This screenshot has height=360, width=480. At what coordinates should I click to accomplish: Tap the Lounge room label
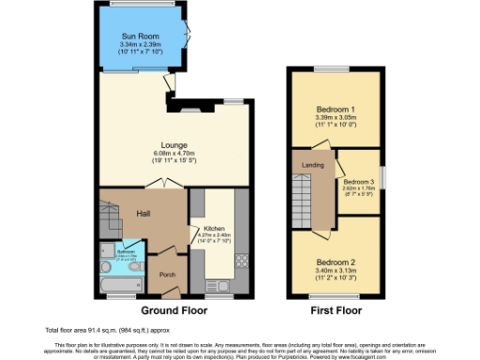(173, 145)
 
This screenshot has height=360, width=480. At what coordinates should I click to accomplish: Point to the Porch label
(168, 275)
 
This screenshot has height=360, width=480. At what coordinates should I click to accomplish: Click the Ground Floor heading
(172, 308)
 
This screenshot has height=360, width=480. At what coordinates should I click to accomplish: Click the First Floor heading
(336, 308)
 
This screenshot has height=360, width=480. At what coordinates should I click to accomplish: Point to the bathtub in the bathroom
(120, 278)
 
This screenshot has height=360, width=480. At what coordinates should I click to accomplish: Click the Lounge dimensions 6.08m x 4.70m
(173, 154)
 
